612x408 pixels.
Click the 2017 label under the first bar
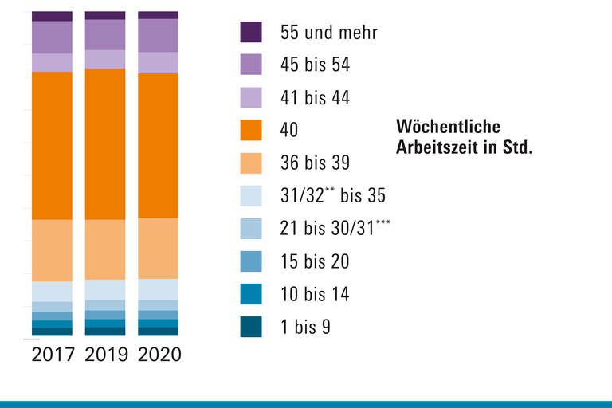click(53, 355)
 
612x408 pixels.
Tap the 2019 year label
click(105, 355)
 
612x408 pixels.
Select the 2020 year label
click(159, 355)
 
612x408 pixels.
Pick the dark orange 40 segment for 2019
click(105, 143)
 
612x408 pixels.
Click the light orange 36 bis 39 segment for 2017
click(53, 250)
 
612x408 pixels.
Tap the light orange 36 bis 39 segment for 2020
click(159, 248)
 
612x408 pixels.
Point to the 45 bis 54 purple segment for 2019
click(105, 34)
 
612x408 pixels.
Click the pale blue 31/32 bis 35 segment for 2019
click(105, 289)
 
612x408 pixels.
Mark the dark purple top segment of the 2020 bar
click(159, 15)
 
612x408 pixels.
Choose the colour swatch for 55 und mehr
click(251, 32)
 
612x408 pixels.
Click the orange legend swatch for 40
click(251, 130)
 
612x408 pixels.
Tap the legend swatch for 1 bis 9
click(251, 327)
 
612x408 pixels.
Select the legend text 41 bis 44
click(315, 98)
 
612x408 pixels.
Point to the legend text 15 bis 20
click(315, 261)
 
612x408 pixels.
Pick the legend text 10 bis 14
click(315, 294)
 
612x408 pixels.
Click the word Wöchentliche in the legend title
click(448, 127)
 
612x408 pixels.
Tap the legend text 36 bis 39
click(315, 163)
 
